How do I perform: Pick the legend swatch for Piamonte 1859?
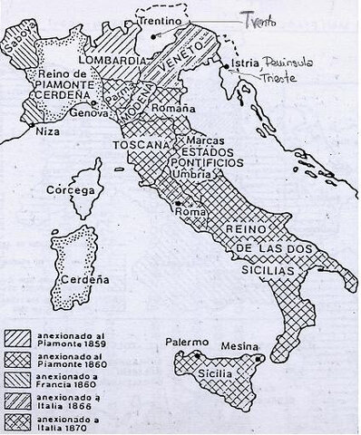pos(22,336)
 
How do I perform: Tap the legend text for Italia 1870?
pos(73,421)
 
